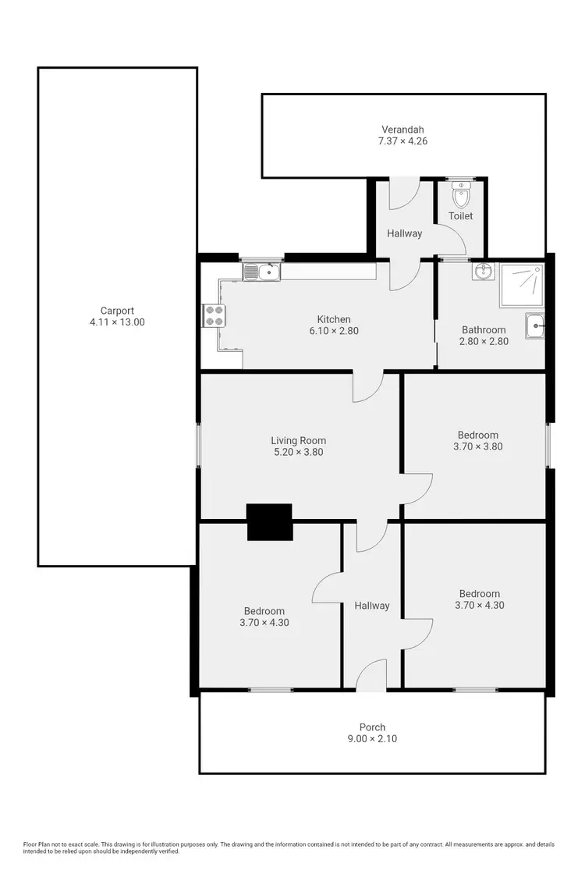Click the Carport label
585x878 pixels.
(117, 310)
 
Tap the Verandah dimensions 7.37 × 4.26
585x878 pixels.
(403, 141)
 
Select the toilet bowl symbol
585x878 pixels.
(461, 194)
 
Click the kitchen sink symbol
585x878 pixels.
(261, 272)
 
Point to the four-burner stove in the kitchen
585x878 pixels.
(214, 315)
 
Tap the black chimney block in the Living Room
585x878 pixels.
(269, 522)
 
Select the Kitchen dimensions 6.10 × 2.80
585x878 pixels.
(333, 331)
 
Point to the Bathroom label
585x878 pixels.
(484, 330)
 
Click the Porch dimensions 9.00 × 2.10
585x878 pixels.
(372, 738)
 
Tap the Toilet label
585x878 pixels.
(460, 216)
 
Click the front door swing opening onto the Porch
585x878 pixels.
(373, 676)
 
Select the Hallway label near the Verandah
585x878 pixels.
(404, 233)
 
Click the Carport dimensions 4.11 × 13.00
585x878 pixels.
(117, 322)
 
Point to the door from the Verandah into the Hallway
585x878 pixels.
(404, 194)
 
